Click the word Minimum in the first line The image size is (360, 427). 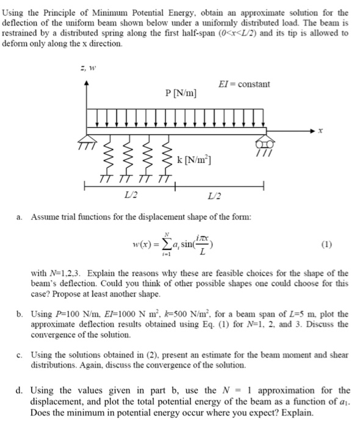pyautogui.click(x=115, y=12)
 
